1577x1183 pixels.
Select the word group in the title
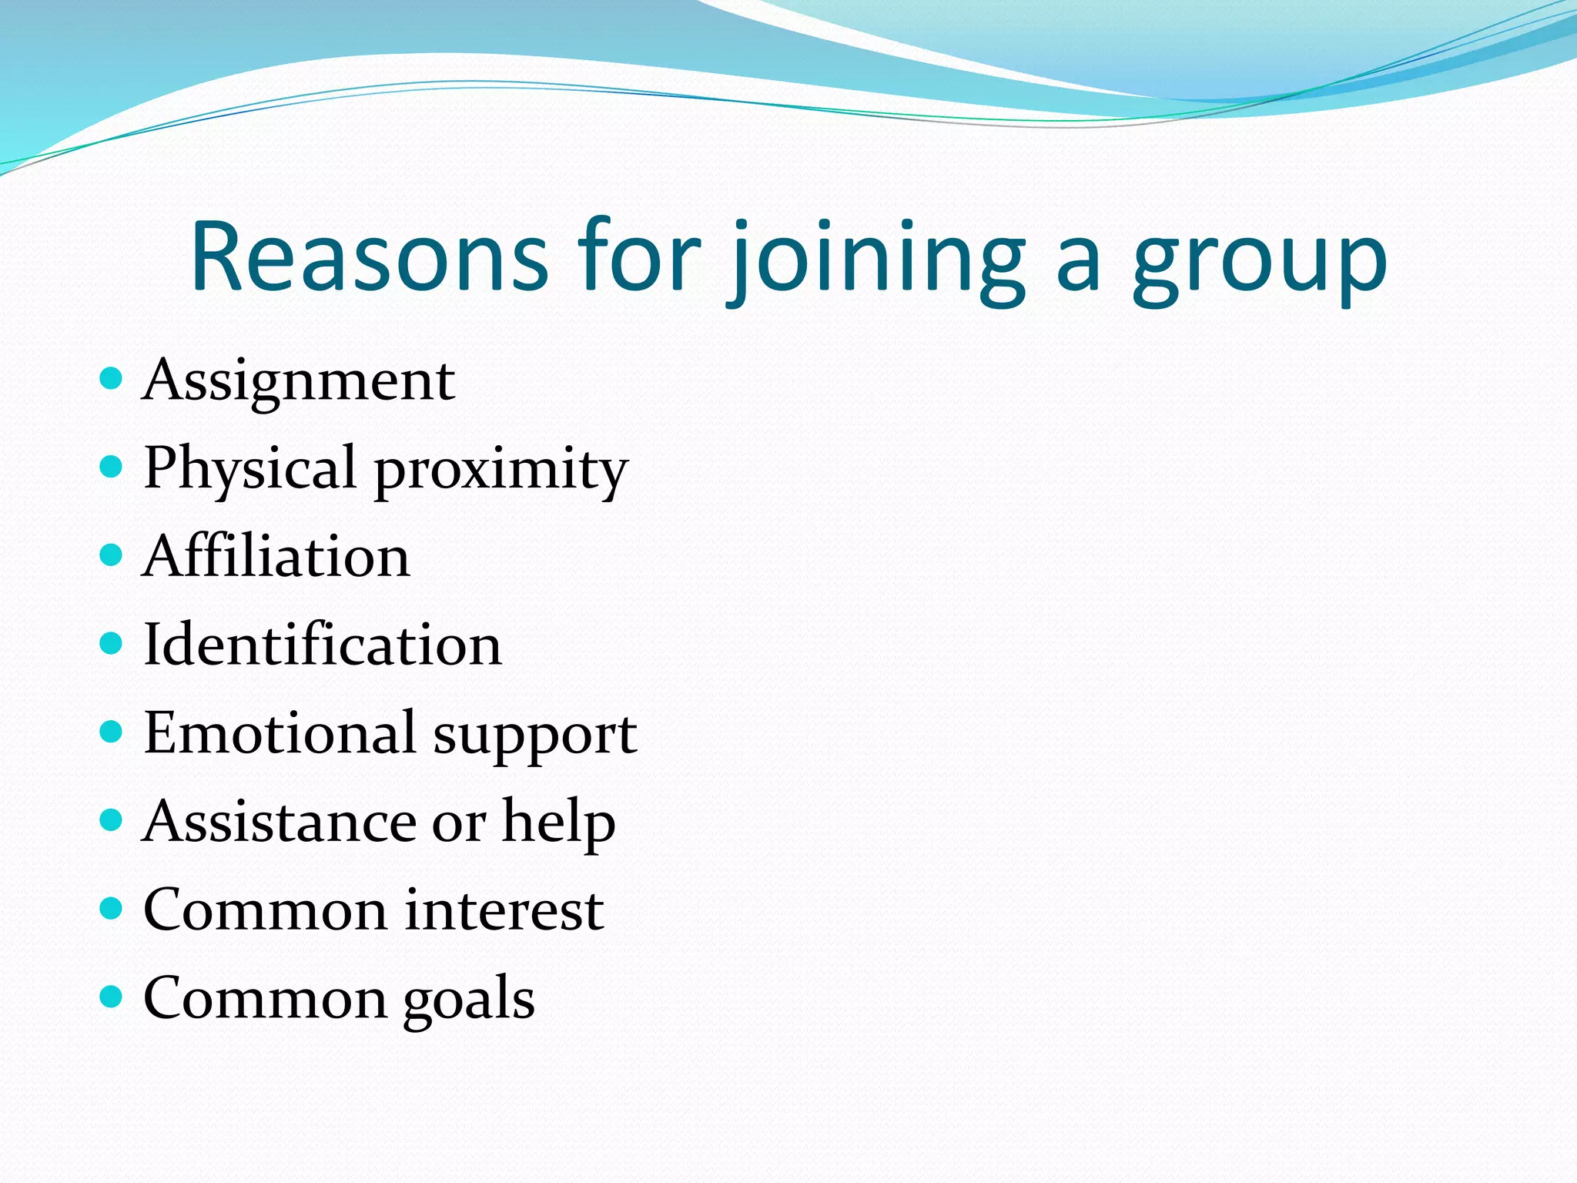tap(1260, 262)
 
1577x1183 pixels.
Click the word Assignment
tap(299, 381)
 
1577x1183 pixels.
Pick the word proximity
tap(501, 471)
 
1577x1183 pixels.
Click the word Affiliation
tap(276, 556)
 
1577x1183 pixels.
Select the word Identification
tap(323, 645)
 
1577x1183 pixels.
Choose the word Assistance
tap(280, 821)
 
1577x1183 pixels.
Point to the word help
tap(558, 823)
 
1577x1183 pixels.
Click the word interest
tap(504, 910)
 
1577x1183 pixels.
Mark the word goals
tap(469, 1000)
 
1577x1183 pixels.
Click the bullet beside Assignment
tap(112, 378)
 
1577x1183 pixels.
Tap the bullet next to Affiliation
tap(112, 555)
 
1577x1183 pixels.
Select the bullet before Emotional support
tap(112, 731)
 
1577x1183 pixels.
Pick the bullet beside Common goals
tap(112, 997)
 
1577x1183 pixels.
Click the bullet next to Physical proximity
tap(112, 467)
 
